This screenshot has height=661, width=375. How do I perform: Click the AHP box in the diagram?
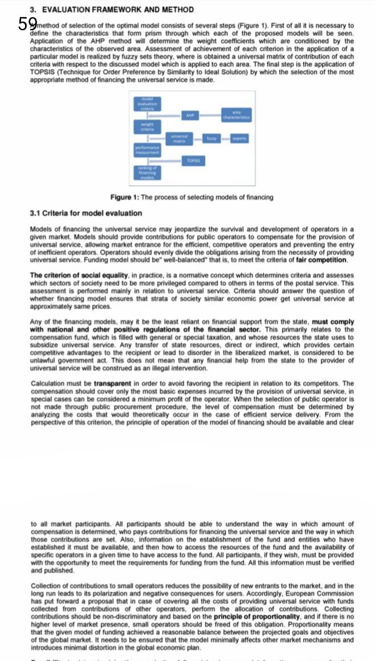(190, 115)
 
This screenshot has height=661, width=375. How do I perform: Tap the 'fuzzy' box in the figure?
(211, 138)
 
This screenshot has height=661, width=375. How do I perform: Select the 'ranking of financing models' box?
(147, 172)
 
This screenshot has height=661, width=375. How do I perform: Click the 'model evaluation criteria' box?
(147, 103)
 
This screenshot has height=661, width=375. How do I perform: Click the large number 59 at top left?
(28, 23)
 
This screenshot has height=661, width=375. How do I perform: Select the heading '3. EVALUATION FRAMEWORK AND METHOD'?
(111, 10)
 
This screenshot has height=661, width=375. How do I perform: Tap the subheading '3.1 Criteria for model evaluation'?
(86, 213)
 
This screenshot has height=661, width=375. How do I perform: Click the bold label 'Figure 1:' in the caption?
(124, 197)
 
